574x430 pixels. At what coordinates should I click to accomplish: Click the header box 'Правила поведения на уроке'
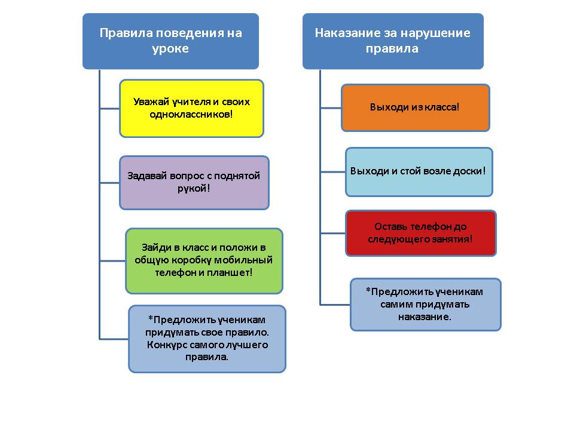pos(170,41)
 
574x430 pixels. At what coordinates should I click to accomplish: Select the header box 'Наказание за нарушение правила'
pos(393,41)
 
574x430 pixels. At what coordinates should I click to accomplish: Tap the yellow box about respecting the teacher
pos(191,108)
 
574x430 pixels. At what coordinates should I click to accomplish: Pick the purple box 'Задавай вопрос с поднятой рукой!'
pos(194,183)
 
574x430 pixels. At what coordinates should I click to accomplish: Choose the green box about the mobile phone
pos(204,261)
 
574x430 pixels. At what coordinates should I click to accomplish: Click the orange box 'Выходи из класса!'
pos(415,107)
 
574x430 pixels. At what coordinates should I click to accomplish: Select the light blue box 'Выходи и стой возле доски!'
pos(419,172)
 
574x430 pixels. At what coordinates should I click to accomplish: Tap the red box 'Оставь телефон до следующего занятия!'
pos(420,233)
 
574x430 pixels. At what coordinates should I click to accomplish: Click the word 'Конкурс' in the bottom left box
pos(163,345)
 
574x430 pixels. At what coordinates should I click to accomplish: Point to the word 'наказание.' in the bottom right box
pos(425,317)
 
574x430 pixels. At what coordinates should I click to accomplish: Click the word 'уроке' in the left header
pos(170,49)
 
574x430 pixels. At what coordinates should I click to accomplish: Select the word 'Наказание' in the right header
pos(348,33)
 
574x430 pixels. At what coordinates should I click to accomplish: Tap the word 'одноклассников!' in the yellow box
pos(191,115)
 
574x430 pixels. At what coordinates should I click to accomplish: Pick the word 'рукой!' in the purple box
pos(194,189)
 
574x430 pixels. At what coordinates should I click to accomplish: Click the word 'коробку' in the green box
pos(191,260)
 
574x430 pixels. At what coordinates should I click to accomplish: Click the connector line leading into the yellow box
pos(109,108)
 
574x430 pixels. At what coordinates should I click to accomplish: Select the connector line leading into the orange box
pos(331,108)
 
